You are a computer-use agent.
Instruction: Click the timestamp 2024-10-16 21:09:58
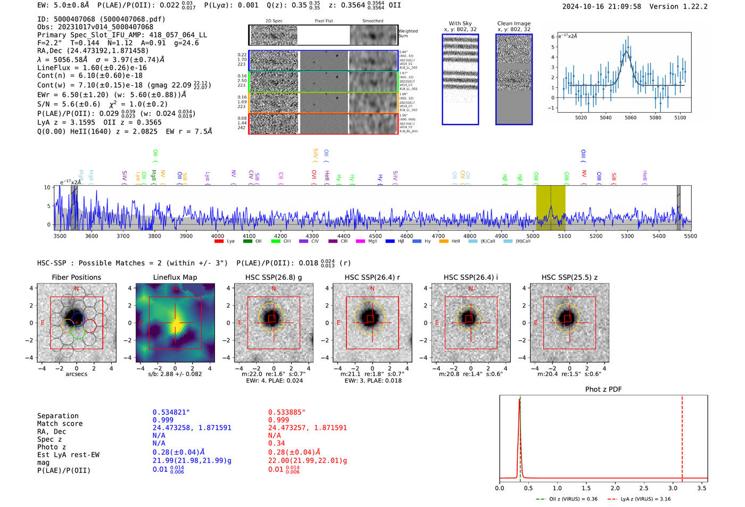click(x=601, y=6)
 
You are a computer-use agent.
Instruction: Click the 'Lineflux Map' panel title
click(x=175, y=277)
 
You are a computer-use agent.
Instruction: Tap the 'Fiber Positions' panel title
click(x=76, y=277)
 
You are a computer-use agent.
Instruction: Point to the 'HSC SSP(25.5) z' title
click(x=569, y=277)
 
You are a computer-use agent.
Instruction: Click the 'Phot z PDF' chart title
click(x=603, y=389)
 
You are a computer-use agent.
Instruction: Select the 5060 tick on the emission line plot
click(x=631, y=118)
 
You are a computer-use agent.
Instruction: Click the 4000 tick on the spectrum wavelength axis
click(x=218, y=236)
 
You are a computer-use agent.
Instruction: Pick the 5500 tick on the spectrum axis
click(x=690, y=236)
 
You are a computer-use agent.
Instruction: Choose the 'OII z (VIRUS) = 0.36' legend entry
click(x=567, y=499)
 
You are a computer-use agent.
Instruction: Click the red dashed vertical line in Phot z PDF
click(x=682, y=436)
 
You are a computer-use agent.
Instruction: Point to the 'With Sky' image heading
click(x=460, y=23)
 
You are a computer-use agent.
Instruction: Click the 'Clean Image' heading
click(x=514, y=23)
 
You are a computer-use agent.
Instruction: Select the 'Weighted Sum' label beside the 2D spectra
click(x=408, y=34)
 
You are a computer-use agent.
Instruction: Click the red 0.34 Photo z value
click(x=276, y=443)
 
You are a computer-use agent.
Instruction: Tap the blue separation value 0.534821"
click(x=171, y=412)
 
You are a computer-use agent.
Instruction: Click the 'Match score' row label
click(x=60, y=423)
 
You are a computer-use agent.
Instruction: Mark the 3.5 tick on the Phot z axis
click(x=702, y=488)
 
